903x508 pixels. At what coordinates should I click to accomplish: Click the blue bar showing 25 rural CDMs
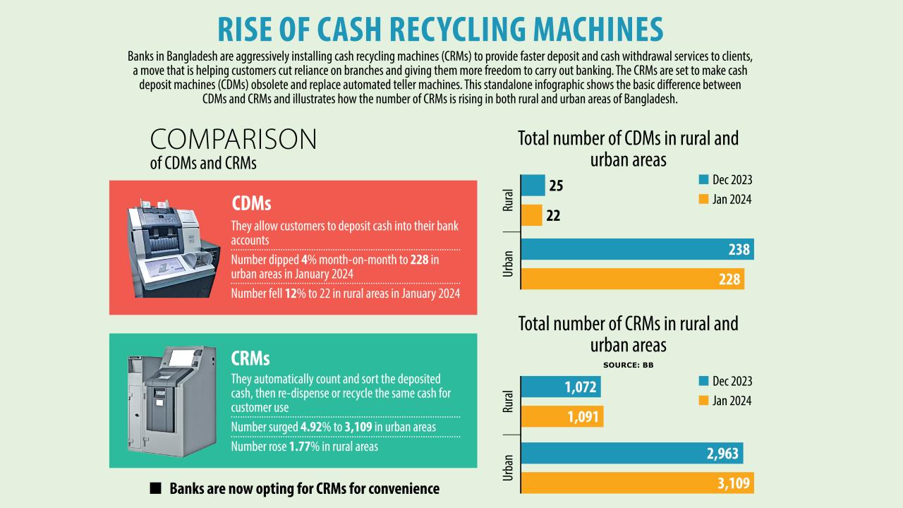click(x=533, y=186)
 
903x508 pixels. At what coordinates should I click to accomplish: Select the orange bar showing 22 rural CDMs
click(x=531, y=215)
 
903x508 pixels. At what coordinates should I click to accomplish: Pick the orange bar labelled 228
click(x=632, y=279)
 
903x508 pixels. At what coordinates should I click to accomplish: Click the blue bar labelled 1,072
click(x=561, y=387)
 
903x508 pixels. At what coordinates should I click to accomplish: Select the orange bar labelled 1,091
click(x=562, y=417)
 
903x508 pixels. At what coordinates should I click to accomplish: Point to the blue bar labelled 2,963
click(x=631, y=453)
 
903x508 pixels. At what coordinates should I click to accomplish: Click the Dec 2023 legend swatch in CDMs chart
click(x=703, y=180)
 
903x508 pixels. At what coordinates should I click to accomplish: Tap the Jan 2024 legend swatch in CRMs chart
click(x=703, y=401)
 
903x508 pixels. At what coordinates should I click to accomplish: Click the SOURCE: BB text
click(x=628, y=365)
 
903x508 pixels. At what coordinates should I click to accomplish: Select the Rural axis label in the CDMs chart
click(x=508, y=200)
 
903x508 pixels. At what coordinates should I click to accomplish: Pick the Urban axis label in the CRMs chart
click(x=508, y=467)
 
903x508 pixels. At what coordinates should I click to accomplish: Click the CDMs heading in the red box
click(x=251, y=204)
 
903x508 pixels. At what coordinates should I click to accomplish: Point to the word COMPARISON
click(x=234, y=140)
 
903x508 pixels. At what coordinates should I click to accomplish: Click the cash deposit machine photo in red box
click(x=169, y=248)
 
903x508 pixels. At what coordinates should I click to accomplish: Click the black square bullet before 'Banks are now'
click(x=156, y=488)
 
